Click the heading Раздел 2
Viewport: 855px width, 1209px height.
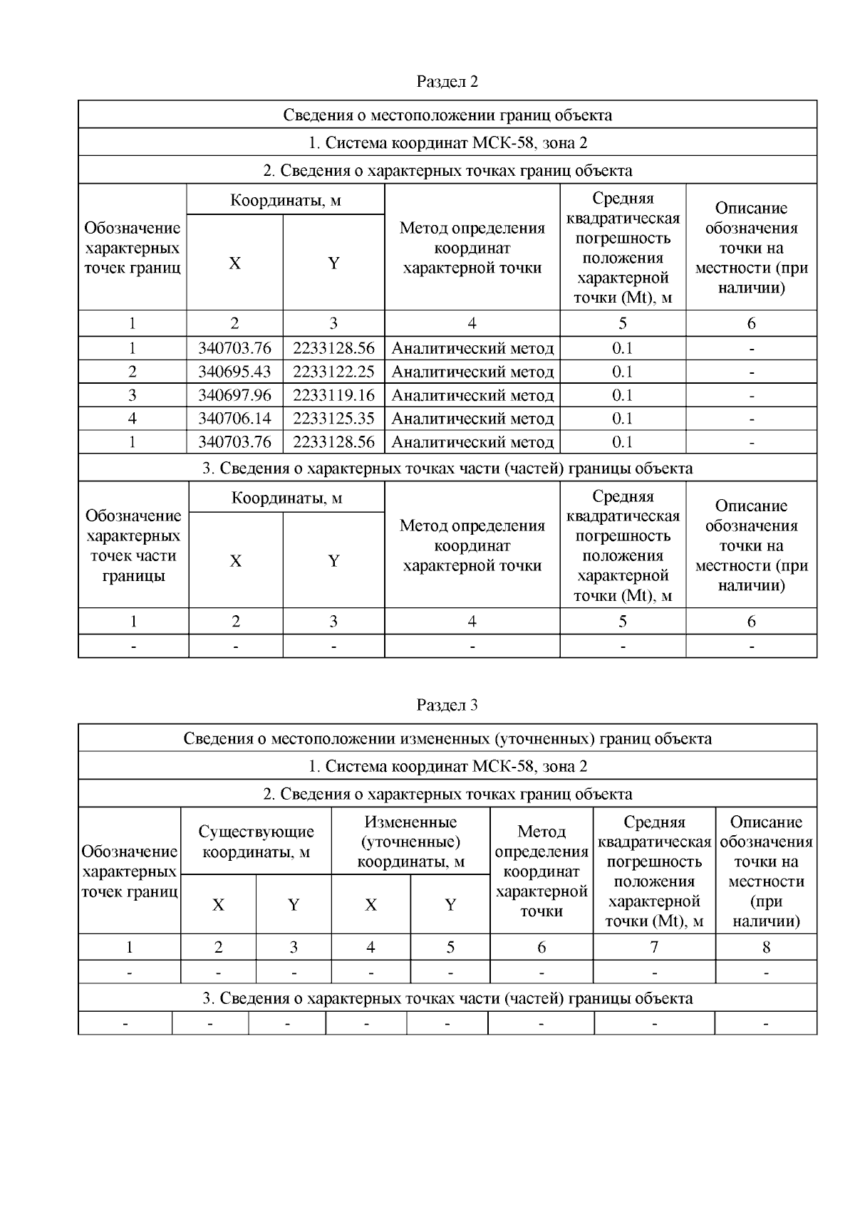pyautogui.click(x=447, y=82)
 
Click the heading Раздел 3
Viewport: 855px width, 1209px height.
pyautogui.click(x=447, y=706)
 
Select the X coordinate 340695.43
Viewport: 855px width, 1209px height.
pyautogui.click(x=234, y=372)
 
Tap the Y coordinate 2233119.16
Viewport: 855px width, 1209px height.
pyautogui.click(x=333, y=395)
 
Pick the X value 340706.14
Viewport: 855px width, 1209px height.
pyautogui.click(x=234, y=419)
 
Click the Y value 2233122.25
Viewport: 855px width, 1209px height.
pyautogui.click(x=333, y=372)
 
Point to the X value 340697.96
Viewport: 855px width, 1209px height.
pyautogui.click(x=234, y=395)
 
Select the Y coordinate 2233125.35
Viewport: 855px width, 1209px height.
pyautogui.click(x=333, y=419)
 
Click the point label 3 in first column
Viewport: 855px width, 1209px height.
pyautogui.click(x=133, y=395)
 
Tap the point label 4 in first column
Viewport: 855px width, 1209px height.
pyautogui.click(x=133, y=419)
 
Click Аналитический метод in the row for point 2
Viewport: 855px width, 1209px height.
pyautogui.click(x=472, y=372)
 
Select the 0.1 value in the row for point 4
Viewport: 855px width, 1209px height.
pyautogui.click(x=622, y=419)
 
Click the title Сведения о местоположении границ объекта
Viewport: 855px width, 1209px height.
pyautogui.click(x=447, y=115)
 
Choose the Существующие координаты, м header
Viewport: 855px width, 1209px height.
pyautogui.click(x=256, y=842)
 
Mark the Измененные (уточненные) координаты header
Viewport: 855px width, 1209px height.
pyautogui.click(x=410, y=842)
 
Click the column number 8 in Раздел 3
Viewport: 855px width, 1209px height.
pyautogui.click(x=766, y=948)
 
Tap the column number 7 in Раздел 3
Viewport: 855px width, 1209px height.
pyautogui.click(x=653, y=948)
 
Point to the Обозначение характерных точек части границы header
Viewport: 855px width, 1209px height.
pyautogui.click(x=133, y=545)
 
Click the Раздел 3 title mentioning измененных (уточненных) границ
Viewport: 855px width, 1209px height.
pyautogui.click(x=447, y=739)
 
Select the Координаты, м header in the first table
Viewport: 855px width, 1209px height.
pyautogui.click(x=285, y=201)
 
